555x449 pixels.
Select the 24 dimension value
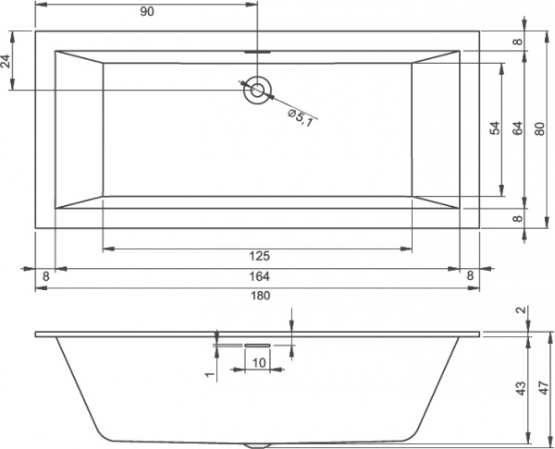pos(7,62)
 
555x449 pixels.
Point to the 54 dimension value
pos(495,129)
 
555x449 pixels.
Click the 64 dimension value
pos(518,129)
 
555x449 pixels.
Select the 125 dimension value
pos(258,256)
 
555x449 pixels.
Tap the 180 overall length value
pos(258,296)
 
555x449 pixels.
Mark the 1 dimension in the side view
pos(209,372)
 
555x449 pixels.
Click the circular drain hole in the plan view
pos(257,90)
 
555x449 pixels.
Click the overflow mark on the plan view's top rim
pos(257,51)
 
